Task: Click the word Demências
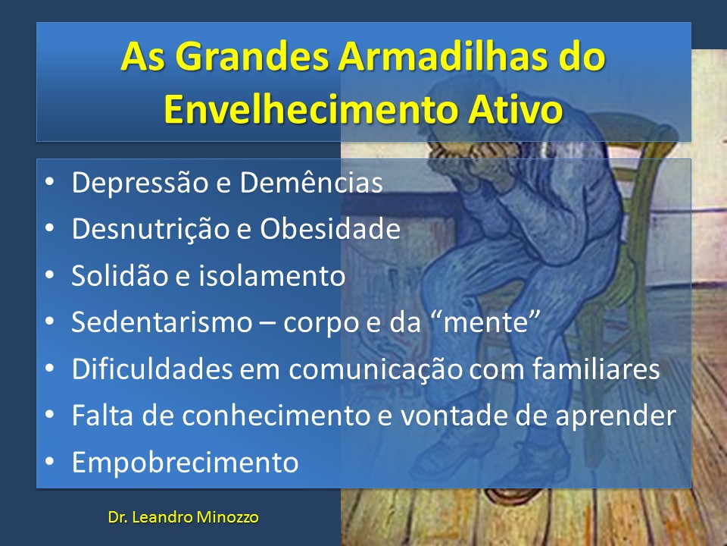point(311,182)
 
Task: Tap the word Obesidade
point(329,229)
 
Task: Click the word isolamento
point(272,275)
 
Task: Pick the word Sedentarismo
point(162,322)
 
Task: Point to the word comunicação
point(376,369)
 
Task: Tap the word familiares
point(596,369)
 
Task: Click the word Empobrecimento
point(185,463)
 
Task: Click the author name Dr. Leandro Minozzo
point(183,517)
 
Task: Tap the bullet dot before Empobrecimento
point(49,462)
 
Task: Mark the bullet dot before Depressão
point(49,182)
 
